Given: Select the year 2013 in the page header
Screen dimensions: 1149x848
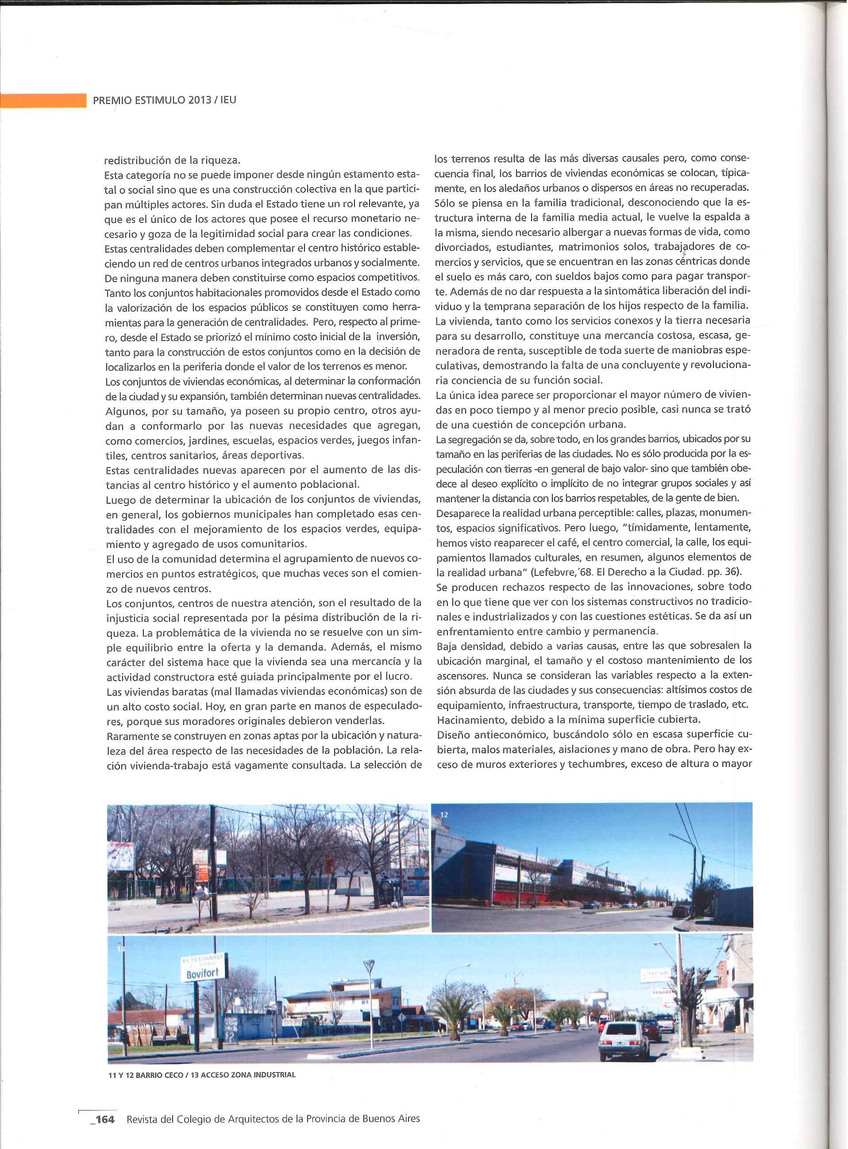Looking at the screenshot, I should click(200, 100).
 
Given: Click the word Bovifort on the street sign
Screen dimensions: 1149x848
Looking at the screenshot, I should click(202, 973).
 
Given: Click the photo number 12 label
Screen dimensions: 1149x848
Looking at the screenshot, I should click(444, 814).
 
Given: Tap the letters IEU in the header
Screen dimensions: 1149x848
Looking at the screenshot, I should click(228, 100).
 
